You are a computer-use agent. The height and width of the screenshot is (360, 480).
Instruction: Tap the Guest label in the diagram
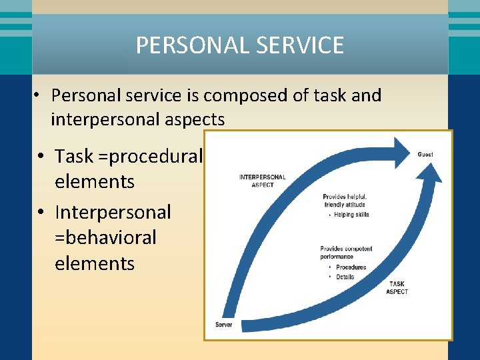point(425,154)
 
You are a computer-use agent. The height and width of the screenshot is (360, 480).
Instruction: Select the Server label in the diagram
point(223,325)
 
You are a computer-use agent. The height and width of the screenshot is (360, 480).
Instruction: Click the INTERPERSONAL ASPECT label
point(263,181)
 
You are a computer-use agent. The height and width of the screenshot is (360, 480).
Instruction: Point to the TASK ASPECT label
point(397,288)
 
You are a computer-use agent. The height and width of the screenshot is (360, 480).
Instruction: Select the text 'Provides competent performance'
point(346,253)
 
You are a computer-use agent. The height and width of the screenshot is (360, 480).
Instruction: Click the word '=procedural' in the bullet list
point(155,156)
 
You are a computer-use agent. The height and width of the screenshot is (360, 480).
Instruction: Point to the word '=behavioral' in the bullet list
point(105,237)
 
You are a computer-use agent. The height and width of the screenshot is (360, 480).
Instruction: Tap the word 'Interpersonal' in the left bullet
point(113,212)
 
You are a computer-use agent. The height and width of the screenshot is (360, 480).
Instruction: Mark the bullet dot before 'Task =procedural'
point(41,157)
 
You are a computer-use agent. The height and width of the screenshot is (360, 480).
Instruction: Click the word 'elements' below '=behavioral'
point(95,263)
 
